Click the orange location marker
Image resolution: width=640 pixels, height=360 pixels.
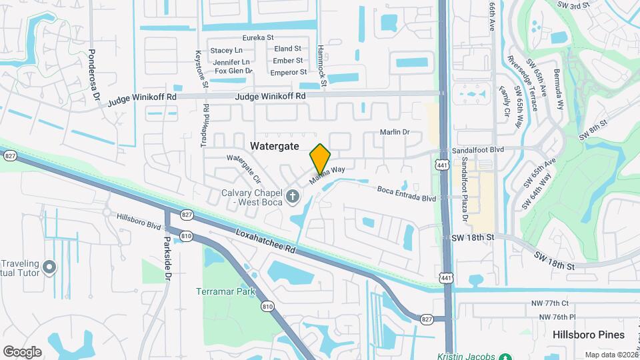point(320,159)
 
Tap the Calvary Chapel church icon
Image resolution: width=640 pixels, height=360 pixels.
point(292,196)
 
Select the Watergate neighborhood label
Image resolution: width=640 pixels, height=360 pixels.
point(273,145)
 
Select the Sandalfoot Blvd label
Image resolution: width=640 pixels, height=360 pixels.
point(478,151)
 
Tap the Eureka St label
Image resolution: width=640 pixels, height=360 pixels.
point(259,38)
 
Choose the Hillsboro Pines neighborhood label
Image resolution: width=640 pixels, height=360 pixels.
point(588,335)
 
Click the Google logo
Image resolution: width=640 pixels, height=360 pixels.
point(22,351)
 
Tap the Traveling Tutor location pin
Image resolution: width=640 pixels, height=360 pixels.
point(49,267)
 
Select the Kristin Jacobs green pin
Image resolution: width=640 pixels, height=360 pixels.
point(506,357)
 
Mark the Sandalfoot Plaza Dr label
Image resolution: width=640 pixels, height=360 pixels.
point(463,193)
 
